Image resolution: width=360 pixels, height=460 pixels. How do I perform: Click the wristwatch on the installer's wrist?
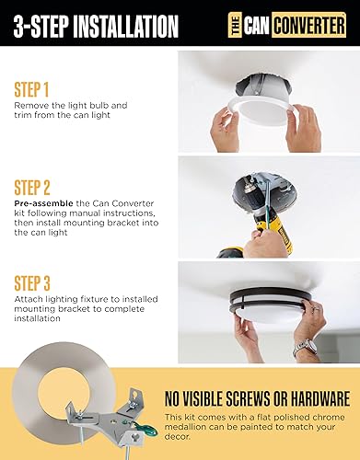pyautogui.click(x=304, y=349)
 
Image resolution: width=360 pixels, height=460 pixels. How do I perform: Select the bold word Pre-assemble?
pyautogui.click(x=39, y=200)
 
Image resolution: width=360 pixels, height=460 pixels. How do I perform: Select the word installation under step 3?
pyautogui.click(x=39, y=319)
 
